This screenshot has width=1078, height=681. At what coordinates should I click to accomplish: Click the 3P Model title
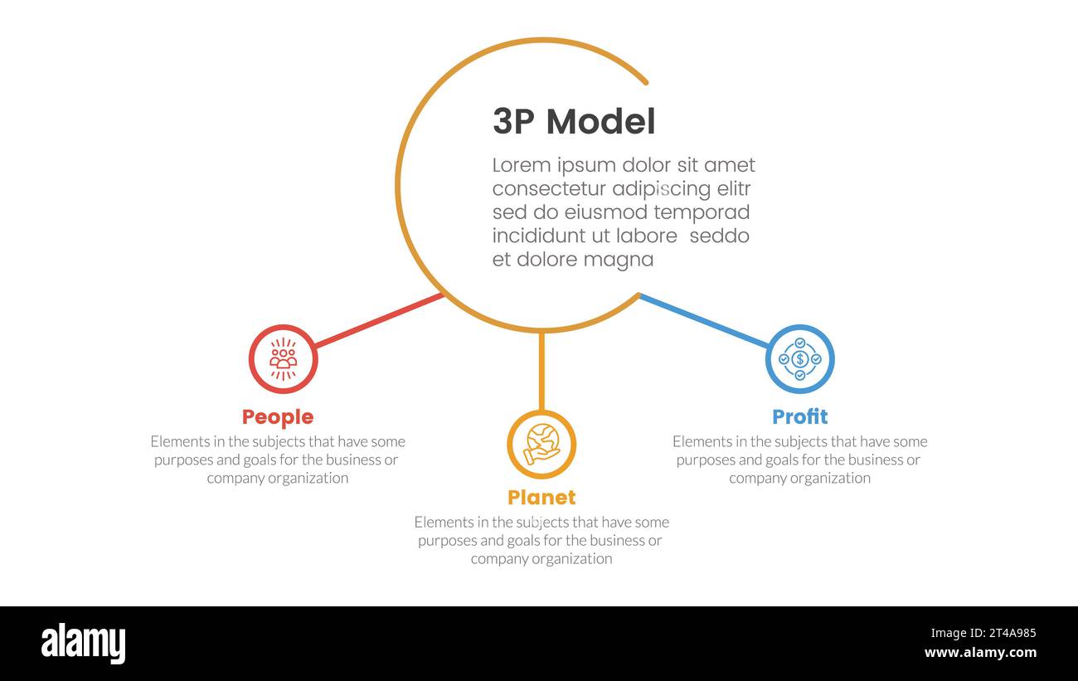[x=574, y=122]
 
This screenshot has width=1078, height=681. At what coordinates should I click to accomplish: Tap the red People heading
[x=278, y=416]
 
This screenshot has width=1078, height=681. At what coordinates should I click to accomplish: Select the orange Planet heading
[x=541, y=497]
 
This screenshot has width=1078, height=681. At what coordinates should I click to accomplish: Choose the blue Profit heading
[x=799, y=416]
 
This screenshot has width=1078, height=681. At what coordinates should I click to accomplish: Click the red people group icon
[x=284, y=358]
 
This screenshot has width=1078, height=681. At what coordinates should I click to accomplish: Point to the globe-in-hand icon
[x=541, y=445]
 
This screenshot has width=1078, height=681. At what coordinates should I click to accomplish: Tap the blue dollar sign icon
[x=799, y=359]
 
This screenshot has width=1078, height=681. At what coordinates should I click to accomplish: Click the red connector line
[x=379, y=320]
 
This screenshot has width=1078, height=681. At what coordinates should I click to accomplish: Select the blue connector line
[x=703, y=321]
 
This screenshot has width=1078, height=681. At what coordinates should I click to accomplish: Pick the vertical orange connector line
[x=541, y=371]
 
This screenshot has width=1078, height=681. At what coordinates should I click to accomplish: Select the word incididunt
[x=541, y=236]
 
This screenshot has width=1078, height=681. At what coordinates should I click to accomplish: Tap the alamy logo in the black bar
[x=83, y=644]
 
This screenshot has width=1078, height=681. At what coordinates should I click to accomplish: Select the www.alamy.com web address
[x=980, y=653]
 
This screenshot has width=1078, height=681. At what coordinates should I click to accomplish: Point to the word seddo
[x=719, y=236]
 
